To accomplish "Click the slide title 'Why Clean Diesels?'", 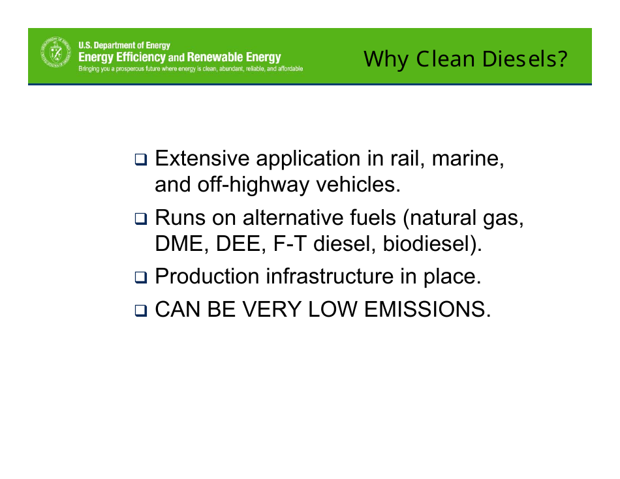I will [465, 59].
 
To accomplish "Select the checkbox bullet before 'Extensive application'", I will [141, 160].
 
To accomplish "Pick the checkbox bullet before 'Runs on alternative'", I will [141, 218].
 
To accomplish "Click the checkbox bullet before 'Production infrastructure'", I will [141, 278].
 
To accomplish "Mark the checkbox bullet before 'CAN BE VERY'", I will [141, 310].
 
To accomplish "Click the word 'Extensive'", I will [202, 158].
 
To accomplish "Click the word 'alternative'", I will [296, 217].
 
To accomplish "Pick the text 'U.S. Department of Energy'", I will [124, 46].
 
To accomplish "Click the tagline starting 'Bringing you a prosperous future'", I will [190, 69].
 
